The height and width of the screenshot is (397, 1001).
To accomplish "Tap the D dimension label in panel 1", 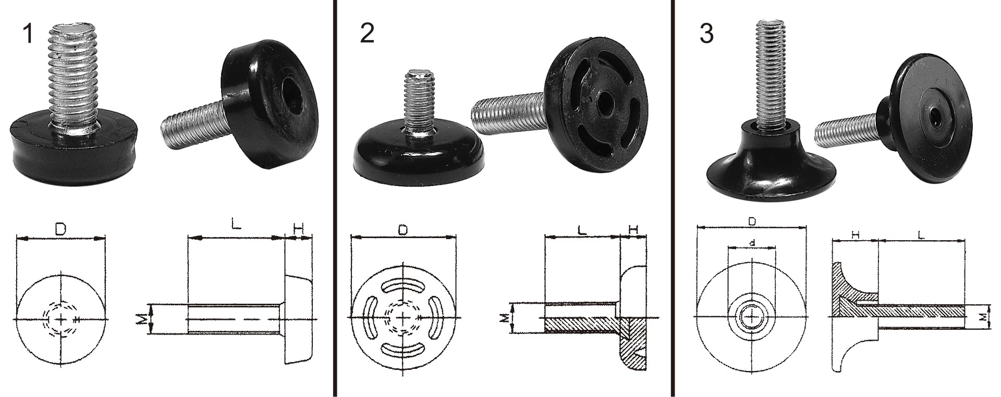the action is [x=61, y=228].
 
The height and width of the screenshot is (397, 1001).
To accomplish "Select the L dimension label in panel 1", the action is [x=236, y=225].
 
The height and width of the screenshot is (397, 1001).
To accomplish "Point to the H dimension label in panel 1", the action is [x=298, y=228].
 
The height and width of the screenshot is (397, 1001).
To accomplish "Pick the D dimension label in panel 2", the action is [x=403, y=230].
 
